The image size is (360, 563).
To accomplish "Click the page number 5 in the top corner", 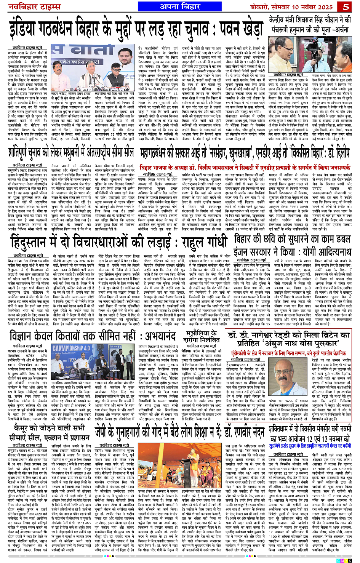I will [346, 6].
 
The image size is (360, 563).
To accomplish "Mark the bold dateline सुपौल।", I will [238, 263].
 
